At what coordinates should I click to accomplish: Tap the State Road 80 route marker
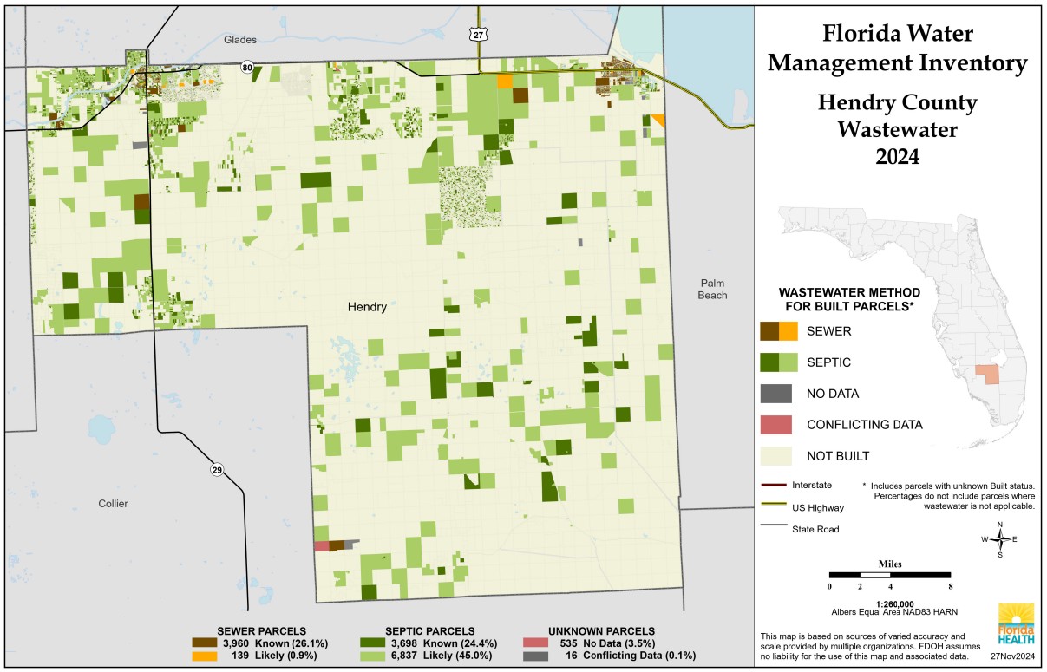tap(248, 67)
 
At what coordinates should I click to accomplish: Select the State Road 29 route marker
tap(216, 470)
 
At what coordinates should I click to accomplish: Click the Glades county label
tap(240, 40)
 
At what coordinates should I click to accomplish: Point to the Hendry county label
tap(367, 307)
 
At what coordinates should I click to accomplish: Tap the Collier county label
tap(113, 504)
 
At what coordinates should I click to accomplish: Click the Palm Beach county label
tap(716, 290)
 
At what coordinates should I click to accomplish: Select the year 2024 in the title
tap(897, 157)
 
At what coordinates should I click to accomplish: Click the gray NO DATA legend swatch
tap(771, 394)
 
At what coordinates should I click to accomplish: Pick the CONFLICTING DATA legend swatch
tap(771, 425)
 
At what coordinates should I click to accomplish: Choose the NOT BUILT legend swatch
tap(771, 456)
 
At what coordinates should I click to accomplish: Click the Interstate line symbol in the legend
tap(771, 485)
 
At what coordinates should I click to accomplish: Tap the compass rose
tap(1000, 539)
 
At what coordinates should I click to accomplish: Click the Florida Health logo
tap(1016, 626)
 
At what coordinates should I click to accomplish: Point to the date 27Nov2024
tap(1014, 656)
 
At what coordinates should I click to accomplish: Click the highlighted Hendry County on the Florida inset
tap(986, 374)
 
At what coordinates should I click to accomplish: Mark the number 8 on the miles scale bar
tap(951, 587)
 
